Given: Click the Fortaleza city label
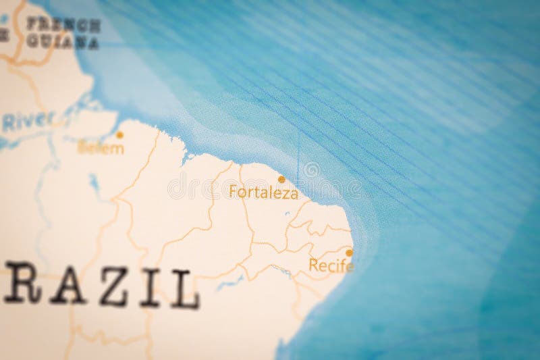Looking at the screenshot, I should (263, 192).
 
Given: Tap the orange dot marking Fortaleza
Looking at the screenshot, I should (281, 180).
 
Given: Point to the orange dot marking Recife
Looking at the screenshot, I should (349, 253).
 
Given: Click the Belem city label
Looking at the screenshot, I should (101, 148).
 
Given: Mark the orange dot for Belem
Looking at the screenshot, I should (119, 135).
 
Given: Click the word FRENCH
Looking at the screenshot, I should (63, 25).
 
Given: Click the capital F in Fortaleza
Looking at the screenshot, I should (234, 192).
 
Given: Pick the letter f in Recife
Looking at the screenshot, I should (343, 265).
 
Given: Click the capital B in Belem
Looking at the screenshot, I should (82, 148).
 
